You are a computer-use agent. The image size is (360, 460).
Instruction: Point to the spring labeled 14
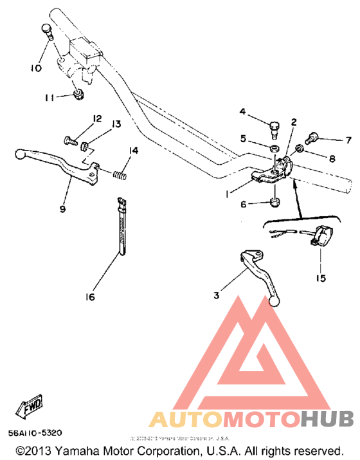[x=118, y=173]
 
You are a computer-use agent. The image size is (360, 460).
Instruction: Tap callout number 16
[x=89, y=297]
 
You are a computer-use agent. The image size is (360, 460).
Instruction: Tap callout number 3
[x=217, y=296]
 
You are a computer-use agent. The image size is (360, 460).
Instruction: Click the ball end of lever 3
[x=276, y=300]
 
